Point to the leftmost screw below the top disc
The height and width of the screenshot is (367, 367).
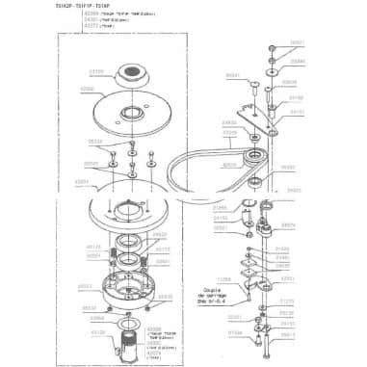[x=112, y=155]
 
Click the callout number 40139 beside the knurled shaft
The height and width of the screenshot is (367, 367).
[x=97, y=332]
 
